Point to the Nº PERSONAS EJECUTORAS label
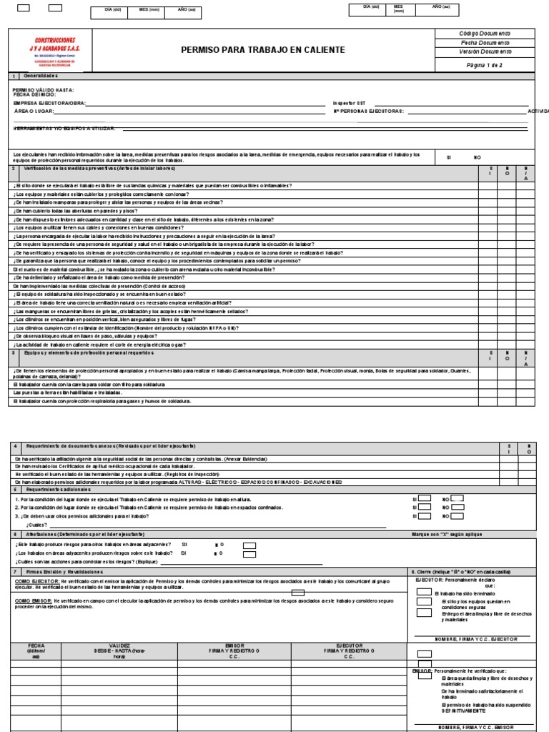pyautogui.click(x=369, y=112)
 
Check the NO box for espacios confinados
pyautogui.click(x=457, y=507)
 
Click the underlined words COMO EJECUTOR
pyautogui.click(x=32, y=583)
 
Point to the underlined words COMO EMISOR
pyautogui.click(x=30, y=601)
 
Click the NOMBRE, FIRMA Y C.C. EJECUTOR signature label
pyautogui.click(x=473, y=638)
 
